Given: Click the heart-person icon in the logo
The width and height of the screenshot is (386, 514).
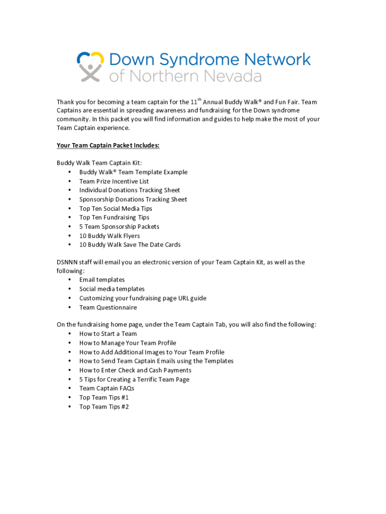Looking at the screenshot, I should [x=90, y=66].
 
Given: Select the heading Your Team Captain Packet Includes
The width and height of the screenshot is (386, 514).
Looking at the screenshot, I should [x=108, y=146].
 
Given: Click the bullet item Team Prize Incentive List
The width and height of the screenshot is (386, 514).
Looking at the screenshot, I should [x=114, y=181].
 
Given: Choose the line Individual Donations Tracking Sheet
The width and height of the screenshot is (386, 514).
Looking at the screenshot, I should [x=129, y=190].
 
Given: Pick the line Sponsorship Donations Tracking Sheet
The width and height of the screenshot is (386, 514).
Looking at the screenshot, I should [x=133, y=199].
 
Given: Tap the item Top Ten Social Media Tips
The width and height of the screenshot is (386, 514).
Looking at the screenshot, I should [x=115, y=208].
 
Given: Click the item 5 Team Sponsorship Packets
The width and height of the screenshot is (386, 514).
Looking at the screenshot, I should [x=119, y=226].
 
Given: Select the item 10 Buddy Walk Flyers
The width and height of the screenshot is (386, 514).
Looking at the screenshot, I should [x=109, y=236].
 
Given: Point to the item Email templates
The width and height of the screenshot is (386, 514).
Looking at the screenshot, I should [x=102, y=280].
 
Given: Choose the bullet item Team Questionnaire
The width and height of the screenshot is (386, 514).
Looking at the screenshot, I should [x=108, y=307].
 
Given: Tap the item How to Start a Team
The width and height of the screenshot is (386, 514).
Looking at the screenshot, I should [x=108, y=334].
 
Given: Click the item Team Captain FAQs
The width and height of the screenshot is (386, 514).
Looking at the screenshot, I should [x=106, y=389].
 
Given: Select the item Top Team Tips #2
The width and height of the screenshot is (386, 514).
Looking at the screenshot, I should [x=104, y=407].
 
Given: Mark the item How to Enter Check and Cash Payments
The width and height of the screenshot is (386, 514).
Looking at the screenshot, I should [x=135, y=370].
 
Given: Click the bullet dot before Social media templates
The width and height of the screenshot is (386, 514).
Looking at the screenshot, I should [x=69, y=289].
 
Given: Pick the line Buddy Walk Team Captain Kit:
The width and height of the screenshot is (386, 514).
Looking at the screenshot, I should [x=99, y=163].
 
